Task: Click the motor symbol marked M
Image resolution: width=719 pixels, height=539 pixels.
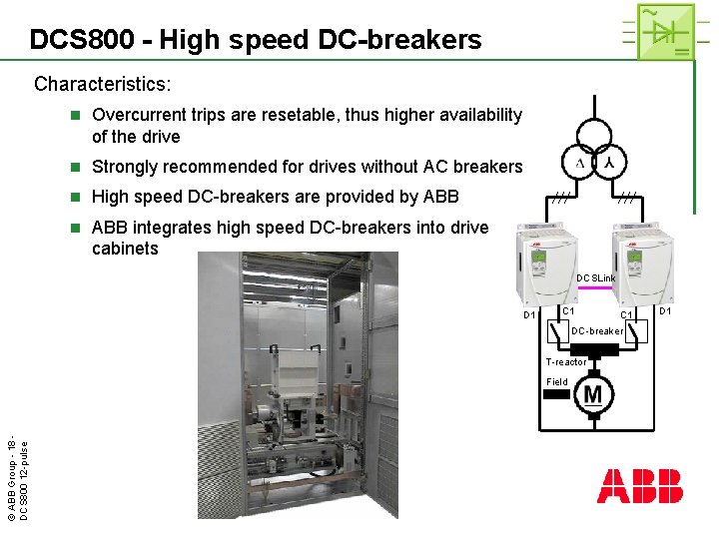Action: click(593, 394)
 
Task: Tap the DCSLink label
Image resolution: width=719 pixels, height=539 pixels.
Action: click(596, 277)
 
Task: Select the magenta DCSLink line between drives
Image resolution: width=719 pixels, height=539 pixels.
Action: click(598, 288)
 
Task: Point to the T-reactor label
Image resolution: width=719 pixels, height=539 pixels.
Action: click(566, 362)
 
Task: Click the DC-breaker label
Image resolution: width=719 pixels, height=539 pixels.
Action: click(597, 331)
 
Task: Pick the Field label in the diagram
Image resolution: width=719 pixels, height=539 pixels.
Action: click(557, 381)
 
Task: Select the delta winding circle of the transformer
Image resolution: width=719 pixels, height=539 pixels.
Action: click(578, 163)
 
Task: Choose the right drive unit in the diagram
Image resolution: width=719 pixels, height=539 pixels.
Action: click(648, 262)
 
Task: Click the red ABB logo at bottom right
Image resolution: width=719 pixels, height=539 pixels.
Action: click(640, 486)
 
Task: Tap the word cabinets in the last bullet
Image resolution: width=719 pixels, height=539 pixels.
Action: click(125, 248)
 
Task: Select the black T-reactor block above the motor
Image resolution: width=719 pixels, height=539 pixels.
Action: click(593, 349)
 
